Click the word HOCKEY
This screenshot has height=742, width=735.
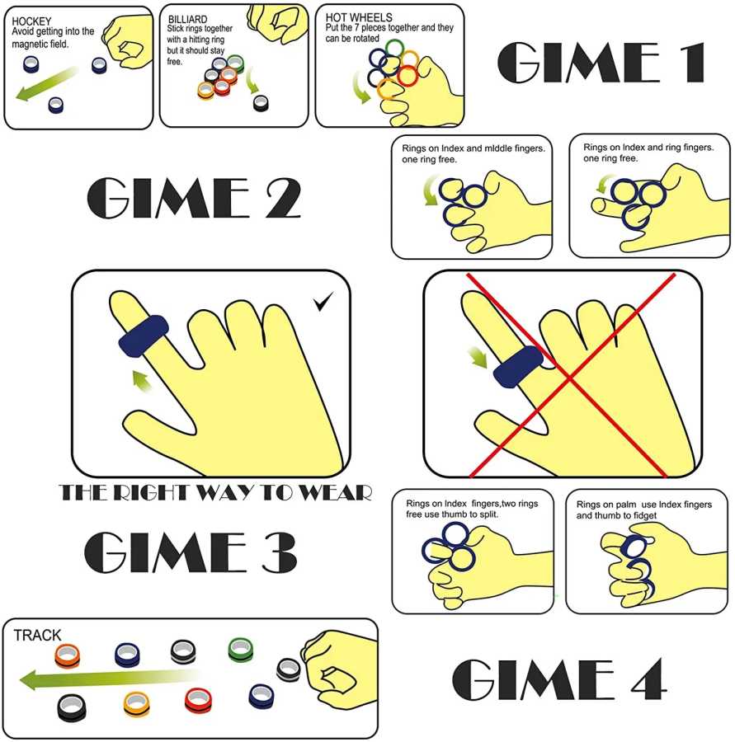(31, 21)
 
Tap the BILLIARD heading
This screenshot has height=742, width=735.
(187, 20)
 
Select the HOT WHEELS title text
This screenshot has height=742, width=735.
(359, 17)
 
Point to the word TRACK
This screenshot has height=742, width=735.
(37, 635)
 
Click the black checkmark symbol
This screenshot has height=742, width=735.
(323, 302)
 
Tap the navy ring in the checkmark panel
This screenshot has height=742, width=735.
(144, 336)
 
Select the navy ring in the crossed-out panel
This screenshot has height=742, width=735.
(518, 367)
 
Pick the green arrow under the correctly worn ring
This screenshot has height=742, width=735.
(142, 382)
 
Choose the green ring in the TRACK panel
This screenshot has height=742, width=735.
(241, 650)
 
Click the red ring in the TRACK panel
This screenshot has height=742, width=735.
(198, 700)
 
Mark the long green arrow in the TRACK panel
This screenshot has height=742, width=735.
(110, 679)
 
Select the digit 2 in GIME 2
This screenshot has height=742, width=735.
(283, 198)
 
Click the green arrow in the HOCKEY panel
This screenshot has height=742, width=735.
(46, 84)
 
